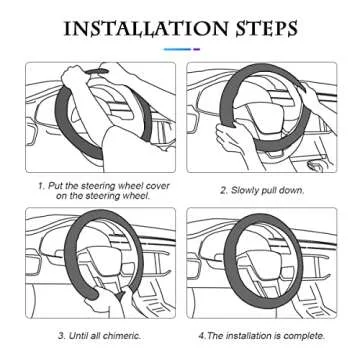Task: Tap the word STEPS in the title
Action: (266, 29)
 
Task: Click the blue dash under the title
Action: (177, 49)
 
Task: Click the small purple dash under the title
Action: (196, 49)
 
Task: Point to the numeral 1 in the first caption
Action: (40, 186)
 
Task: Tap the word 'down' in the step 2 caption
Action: (292, 190)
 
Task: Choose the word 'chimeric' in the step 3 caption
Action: (121, 335)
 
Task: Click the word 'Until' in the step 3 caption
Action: (79, 335)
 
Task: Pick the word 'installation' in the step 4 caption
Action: (249, 335)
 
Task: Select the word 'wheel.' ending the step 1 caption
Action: (137, 196)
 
